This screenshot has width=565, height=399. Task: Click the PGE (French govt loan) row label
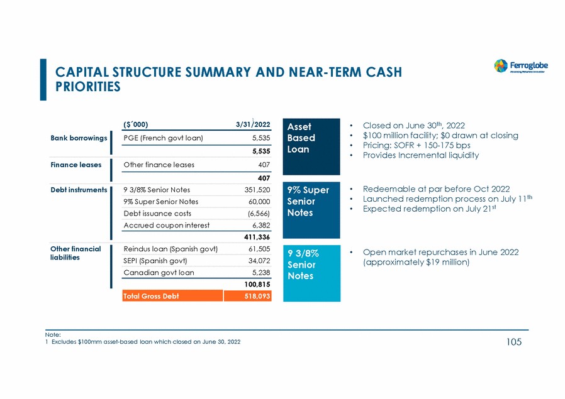(164, 138)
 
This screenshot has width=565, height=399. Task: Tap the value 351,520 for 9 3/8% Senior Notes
(257, 189)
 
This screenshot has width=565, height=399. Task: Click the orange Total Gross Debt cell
(172, 296)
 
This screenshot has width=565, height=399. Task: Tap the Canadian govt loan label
(159, 273)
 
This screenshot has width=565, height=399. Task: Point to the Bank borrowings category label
(79, 138)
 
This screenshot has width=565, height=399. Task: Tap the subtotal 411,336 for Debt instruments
(257, 237)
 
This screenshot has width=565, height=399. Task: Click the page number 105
(513, 342)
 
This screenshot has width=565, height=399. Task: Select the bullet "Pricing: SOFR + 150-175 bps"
(417, 145)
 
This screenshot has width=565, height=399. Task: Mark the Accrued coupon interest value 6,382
(260, 225)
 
